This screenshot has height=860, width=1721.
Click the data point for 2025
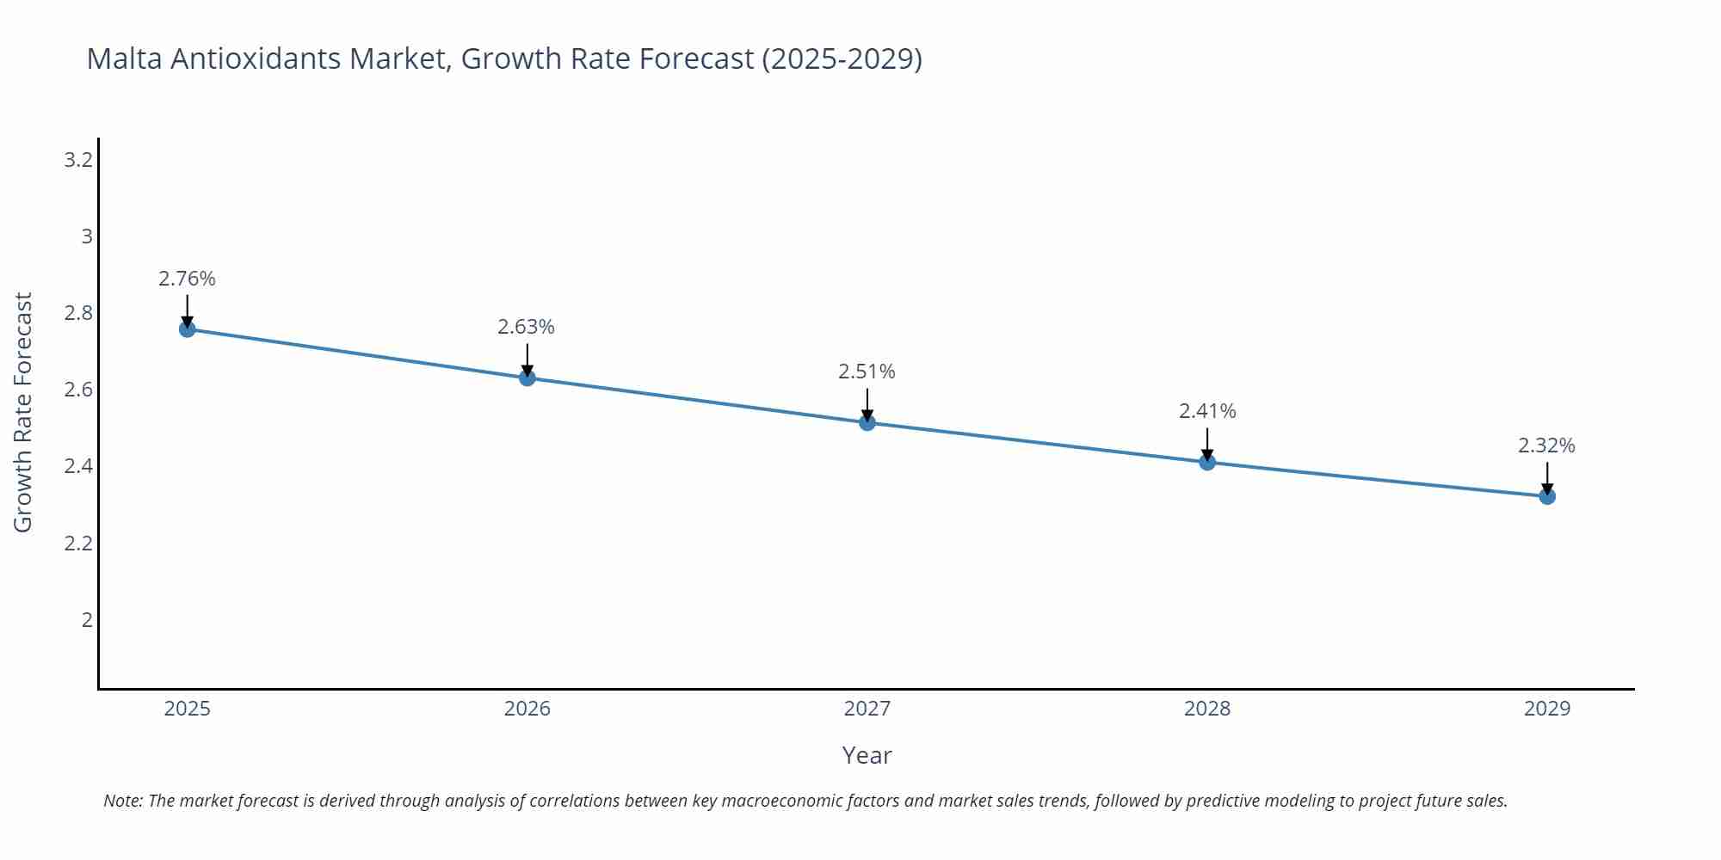coord(187,329)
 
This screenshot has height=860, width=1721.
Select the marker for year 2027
coord(867,422)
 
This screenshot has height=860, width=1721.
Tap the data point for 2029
coord(1547,496)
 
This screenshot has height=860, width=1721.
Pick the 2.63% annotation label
coord(526,327)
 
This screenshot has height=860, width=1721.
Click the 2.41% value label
coord(1207,411)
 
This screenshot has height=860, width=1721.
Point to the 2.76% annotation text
coord(187,279)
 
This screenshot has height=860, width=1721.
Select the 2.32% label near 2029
coord(1546,445)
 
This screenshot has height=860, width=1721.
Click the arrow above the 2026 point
coord(527,358)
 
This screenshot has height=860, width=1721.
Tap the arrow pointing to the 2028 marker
coord(1207,442)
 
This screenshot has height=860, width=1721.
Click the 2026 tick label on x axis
coord(527,709)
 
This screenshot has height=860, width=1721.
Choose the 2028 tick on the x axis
coord(1207,709)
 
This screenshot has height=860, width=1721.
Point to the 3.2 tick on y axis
coord(78,160)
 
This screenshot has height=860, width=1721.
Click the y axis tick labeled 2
coord(87,619)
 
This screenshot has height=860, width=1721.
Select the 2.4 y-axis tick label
coord(78,466)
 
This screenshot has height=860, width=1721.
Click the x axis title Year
coord(867,755)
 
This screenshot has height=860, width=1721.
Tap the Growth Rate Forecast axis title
coord(23,412)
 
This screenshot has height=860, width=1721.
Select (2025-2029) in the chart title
coord(842,58)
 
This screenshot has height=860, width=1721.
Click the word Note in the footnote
coord(122,801)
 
